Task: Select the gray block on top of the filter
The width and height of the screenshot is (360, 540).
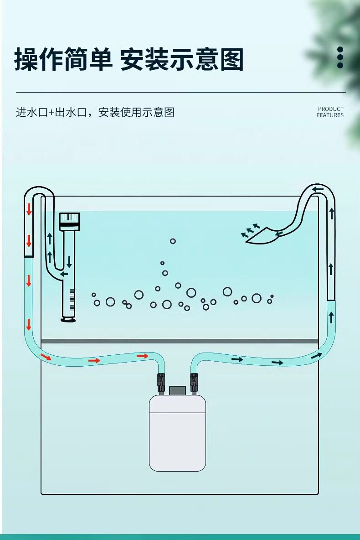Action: pyautogui.click(x=177, y=390)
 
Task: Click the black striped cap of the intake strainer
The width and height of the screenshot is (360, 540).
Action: pyautogui.click(x=70, y=221)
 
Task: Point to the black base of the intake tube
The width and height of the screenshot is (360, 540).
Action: pyautogui.click(x=68, y=320)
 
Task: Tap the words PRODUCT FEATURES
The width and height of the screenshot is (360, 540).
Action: pyautogui.click(x=330, y=112)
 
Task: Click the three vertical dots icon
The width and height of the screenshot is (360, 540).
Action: pyautogui.click(x=340, y=57)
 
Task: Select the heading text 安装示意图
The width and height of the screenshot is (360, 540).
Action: pyautogui.click(x=182, y=60)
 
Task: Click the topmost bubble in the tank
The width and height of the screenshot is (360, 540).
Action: pyautogui.click(x=173, y=241)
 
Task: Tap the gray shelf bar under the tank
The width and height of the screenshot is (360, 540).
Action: pyautogui.click(x=180, y=341)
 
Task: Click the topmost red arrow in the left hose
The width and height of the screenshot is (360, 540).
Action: pyautogui.click(x=29, y=209)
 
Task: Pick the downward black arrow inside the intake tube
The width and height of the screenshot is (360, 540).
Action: pyautogui.click(x=69, y=262)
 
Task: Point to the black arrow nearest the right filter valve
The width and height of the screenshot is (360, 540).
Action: pyautogui.click(x=237, y=359)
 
